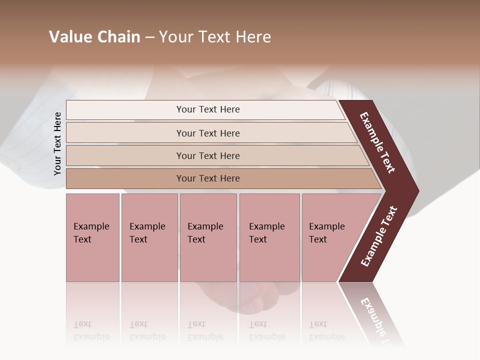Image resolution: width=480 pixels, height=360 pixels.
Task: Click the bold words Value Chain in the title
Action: coord(94,37)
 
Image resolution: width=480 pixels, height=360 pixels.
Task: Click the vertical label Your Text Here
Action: coord(57,143)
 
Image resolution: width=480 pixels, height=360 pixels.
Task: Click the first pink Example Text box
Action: coord(92,237)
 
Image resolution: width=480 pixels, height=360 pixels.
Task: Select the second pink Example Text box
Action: coord(149,237)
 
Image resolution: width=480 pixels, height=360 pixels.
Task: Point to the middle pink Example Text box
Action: coord(208,237)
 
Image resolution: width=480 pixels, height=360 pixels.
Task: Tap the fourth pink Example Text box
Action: coord(269,237)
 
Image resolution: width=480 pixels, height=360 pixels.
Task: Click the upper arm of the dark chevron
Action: coord(378,142)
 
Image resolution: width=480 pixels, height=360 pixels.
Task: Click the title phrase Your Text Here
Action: coord(215,37)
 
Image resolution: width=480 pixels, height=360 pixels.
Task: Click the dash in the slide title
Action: coord(149,37)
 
